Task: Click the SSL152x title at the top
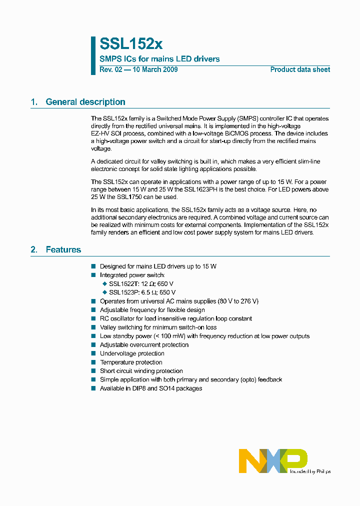131,44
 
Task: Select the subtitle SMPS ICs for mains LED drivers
159,59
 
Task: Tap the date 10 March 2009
154,69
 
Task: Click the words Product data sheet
300,69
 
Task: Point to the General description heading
85,102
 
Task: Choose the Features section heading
63,249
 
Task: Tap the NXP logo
273,460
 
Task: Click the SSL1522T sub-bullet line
141,283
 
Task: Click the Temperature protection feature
131,362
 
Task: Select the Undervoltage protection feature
132,353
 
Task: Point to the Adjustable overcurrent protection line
144,344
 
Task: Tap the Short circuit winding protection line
141,371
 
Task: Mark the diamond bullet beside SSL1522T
105,283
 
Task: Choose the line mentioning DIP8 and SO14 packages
151,388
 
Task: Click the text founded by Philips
310,471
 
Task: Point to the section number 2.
34,249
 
